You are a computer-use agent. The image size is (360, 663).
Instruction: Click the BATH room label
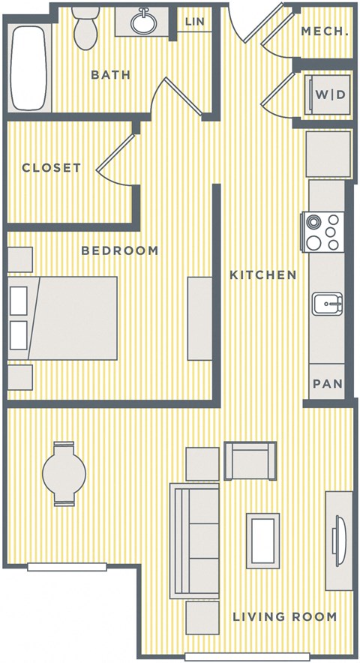click(110, 75)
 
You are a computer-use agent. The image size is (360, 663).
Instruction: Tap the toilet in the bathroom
click(88, 27)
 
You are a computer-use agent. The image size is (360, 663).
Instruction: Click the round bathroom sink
click(142, 23)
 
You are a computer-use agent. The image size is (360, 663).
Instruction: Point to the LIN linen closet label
click(194, 22)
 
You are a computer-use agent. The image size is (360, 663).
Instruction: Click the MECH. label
click(324, 31)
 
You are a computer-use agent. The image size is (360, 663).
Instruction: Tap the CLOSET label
click(51, 168)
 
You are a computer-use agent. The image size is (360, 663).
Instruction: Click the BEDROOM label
click(120, 250)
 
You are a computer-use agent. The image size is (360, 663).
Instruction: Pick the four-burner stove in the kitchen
click(323, 232)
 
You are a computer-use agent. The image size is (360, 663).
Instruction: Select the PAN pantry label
click(327, 384)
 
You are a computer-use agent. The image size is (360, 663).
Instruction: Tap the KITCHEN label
click(262, 275)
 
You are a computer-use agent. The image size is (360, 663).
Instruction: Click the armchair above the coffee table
click(250, 460)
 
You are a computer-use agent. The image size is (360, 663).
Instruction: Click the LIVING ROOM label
click(283, 617)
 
